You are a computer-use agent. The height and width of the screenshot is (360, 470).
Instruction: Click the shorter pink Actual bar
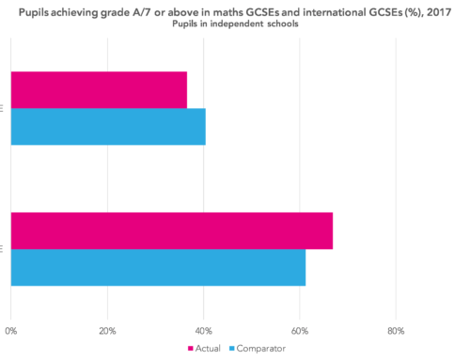[x=99, y=90]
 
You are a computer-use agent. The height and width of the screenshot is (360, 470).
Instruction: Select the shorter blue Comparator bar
[x=108, y=126]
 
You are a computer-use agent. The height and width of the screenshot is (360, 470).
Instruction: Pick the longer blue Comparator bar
[x=158, y=267]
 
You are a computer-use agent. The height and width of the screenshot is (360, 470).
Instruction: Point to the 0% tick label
[x=11, y=331]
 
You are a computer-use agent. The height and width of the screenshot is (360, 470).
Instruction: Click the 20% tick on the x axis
[x=107, y=331]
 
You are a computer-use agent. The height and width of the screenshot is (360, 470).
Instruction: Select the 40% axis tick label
[x=203, y=331]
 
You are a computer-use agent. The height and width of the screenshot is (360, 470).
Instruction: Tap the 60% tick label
[x=299, y=331]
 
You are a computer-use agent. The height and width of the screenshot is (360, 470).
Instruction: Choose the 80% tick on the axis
[x=395, y=331]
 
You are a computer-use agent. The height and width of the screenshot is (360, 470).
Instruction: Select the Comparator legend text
[x=262, y=349]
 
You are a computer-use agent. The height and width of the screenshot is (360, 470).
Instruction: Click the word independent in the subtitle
[x=243, y=21]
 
